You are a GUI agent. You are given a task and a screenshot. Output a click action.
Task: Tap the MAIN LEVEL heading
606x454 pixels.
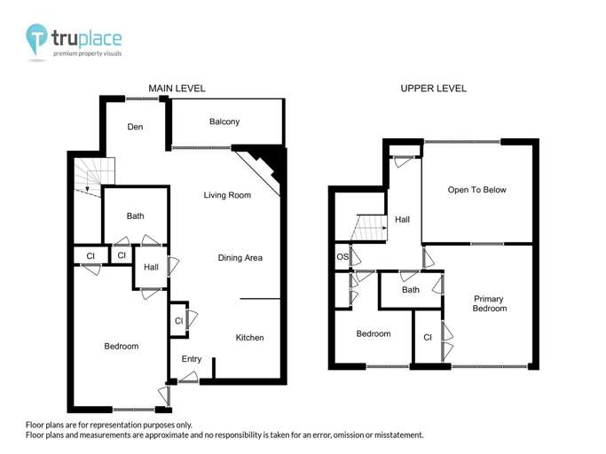[x=177, y=89]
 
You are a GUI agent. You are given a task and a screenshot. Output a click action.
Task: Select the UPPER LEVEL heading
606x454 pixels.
[x=433, y=89]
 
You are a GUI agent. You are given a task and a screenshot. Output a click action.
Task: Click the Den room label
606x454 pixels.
[x=135, y=127]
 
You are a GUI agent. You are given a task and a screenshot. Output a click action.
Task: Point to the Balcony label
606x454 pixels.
[x=224, y=121]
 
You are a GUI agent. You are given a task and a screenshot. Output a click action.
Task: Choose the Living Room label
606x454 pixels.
[x=227, y=195]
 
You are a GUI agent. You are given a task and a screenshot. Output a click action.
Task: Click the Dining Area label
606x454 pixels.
[x=240, y=258]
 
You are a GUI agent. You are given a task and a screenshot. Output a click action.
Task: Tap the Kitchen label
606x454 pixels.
[x=249, y=337]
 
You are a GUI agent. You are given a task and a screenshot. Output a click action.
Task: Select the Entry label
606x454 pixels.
[x=191, y=359]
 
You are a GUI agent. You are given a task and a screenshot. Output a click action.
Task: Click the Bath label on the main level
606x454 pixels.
[x=135, y=215]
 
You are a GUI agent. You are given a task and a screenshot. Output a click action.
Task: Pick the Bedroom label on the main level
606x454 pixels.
[x=121, y=346]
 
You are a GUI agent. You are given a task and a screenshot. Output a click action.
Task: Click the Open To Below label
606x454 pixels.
[x=476, y=190]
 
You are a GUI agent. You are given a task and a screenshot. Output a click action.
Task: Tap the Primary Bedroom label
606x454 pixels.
[x=489, y=303]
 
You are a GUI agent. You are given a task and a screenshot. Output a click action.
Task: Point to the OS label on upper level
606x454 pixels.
[x=342, y=257]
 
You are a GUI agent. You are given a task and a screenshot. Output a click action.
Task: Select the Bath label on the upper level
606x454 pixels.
[x=410, y=290]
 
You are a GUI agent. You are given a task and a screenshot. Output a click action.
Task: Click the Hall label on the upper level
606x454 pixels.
[x=403, y=219]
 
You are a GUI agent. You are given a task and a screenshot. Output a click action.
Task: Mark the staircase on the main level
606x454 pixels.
[x=94, y=176]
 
